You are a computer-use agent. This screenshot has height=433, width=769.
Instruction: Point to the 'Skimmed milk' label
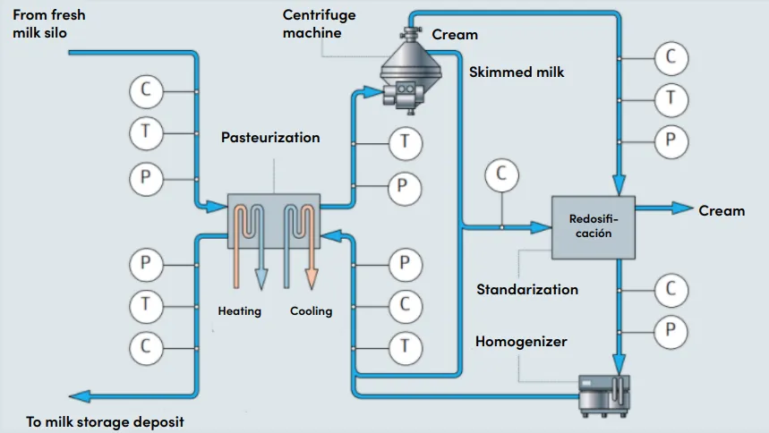click(517, 71)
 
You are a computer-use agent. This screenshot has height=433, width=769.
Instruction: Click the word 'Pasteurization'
click(270, 138)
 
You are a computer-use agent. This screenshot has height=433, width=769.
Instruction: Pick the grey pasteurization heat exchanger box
click(274, 220)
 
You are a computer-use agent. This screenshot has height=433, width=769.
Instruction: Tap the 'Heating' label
click(240, 311)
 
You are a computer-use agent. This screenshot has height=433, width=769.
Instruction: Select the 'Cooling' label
click(311, 311)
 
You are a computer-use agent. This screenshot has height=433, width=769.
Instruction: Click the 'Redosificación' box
click(592, 227)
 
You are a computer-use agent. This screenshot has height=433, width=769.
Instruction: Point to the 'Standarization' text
click(527, 289)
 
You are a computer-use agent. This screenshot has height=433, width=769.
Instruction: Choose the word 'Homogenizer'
click(521, 342)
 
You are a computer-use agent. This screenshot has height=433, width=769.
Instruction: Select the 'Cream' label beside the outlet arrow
click(722, 210)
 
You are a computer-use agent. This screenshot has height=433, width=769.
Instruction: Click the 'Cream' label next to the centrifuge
click(455, 35)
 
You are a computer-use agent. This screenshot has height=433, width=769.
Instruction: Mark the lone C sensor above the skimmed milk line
click(501, 174)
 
